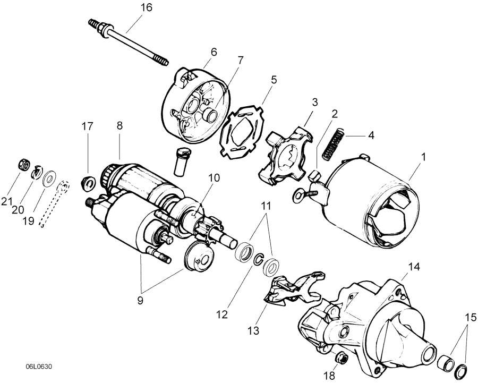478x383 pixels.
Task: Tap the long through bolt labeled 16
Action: tap(127, 42)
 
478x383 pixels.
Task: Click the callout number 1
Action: tap(423, 157)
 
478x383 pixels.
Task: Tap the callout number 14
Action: tap(414, 266)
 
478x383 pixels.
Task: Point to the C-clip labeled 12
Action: tap(258, 260)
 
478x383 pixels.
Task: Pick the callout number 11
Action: tap(266, 204)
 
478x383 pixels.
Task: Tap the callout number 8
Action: tap(119, 126)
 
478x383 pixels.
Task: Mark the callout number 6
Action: tap(214, 52)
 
